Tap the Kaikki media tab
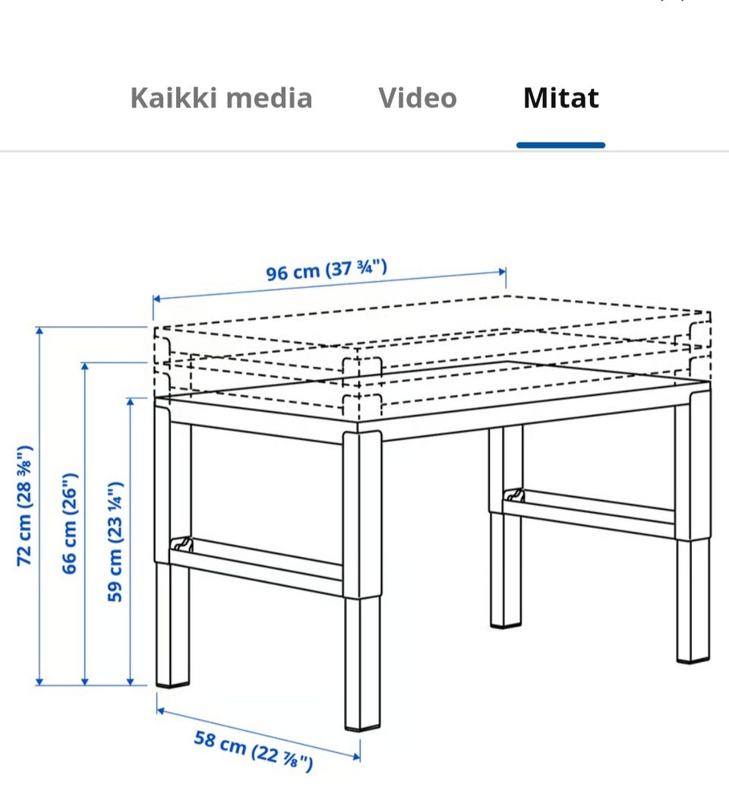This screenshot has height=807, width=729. click(x=221, y=98)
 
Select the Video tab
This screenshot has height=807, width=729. click(x=418, y=98)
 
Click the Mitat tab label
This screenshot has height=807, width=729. click(x=560, y=98)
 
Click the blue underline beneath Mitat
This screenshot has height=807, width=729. click(x=560, y=145)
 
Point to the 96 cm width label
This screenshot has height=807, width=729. click(x=327, y=271)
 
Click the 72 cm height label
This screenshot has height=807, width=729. click(x=25, y=506)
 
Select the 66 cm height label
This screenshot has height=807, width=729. click(x=69, y=523)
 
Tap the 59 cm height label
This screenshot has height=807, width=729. click(x=115, y=542)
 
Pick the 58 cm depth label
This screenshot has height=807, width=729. click(x=253, y=751)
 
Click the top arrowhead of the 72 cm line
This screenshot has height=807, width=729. click(x=39, y=331)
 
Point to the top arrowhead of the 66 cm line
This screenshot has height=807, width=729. click(x=85, y=366)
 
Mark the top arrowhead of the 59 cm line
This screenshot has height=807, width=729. click(x=130, y=401)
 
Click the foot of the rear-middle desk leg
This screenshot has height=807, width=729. click(x=506, y=625)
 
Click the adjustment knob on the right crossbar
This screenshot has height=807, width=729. click(x=514, y=495)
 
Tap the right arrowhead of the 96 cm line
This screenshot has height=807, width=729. click(x=502, y=272)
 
